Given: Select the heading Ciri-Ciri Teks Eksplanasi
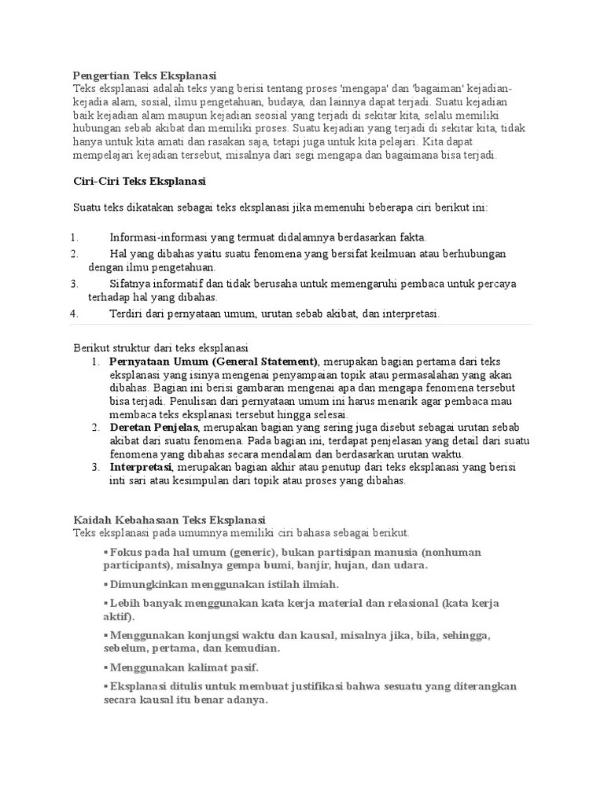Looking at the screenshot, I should tap(138, 181).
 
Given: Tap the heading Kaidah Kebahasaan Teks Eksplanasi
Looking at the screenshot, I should tap(170, 520).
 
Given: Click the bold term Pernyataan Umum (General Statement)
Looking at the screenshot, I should tap(214, 361).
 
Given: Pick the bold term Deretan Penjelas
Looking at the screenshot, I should tap(155, 427).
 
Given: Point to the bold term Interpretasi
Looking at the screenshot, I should tap(141, 467).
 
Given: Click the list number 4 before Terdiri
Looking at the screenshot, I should tap(73, 314).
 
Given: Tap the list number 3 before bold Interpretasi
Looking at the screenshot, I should tap(94, 467).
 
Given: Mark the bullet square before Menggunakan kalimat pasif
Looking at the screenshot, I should tap(105, 667).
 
